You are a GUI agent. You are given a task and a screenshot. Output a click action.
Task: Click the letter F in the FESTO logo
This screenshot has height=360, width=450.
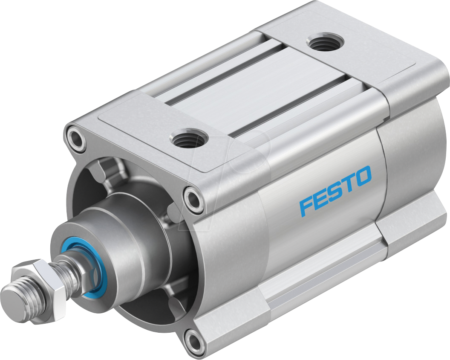306,206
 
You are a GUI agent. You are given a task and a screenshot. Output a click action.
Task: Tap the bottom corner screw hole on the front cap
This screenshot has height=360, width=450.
194,340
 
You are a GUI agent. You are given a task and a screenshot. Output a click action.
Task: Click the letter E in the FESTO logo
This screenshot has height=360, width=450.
320,199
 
